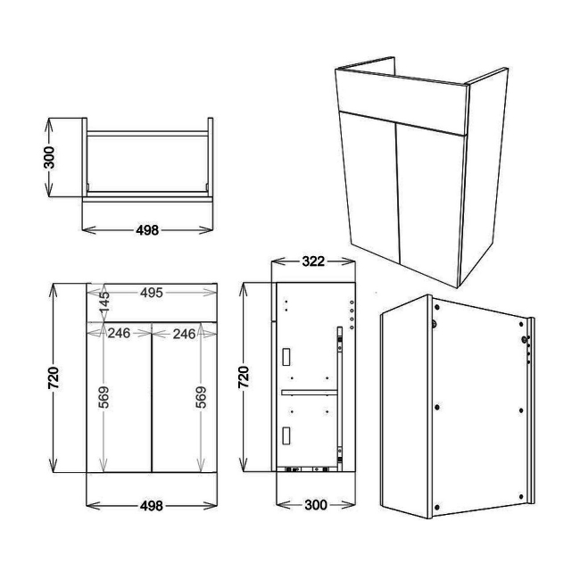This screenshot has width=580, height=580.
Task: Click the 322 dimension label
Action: click(x=311, y=261)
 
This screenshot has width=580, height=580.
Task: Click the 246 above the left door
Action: click(x=119, y=333)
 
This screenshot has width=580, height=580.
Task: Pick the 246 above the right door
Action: click(x=185, y=333)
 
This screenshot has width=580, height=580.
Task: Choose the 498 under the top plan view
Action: click(x=147, y=229)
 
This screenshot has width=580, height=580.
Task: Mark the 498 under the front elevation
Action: click(x=152, y=506)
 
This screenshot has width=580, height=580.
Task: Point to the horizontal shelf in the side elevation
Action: click(x=309, y=392)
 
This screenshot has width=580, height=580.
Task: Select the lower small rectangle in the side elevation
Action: click(x=286, y=435)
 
